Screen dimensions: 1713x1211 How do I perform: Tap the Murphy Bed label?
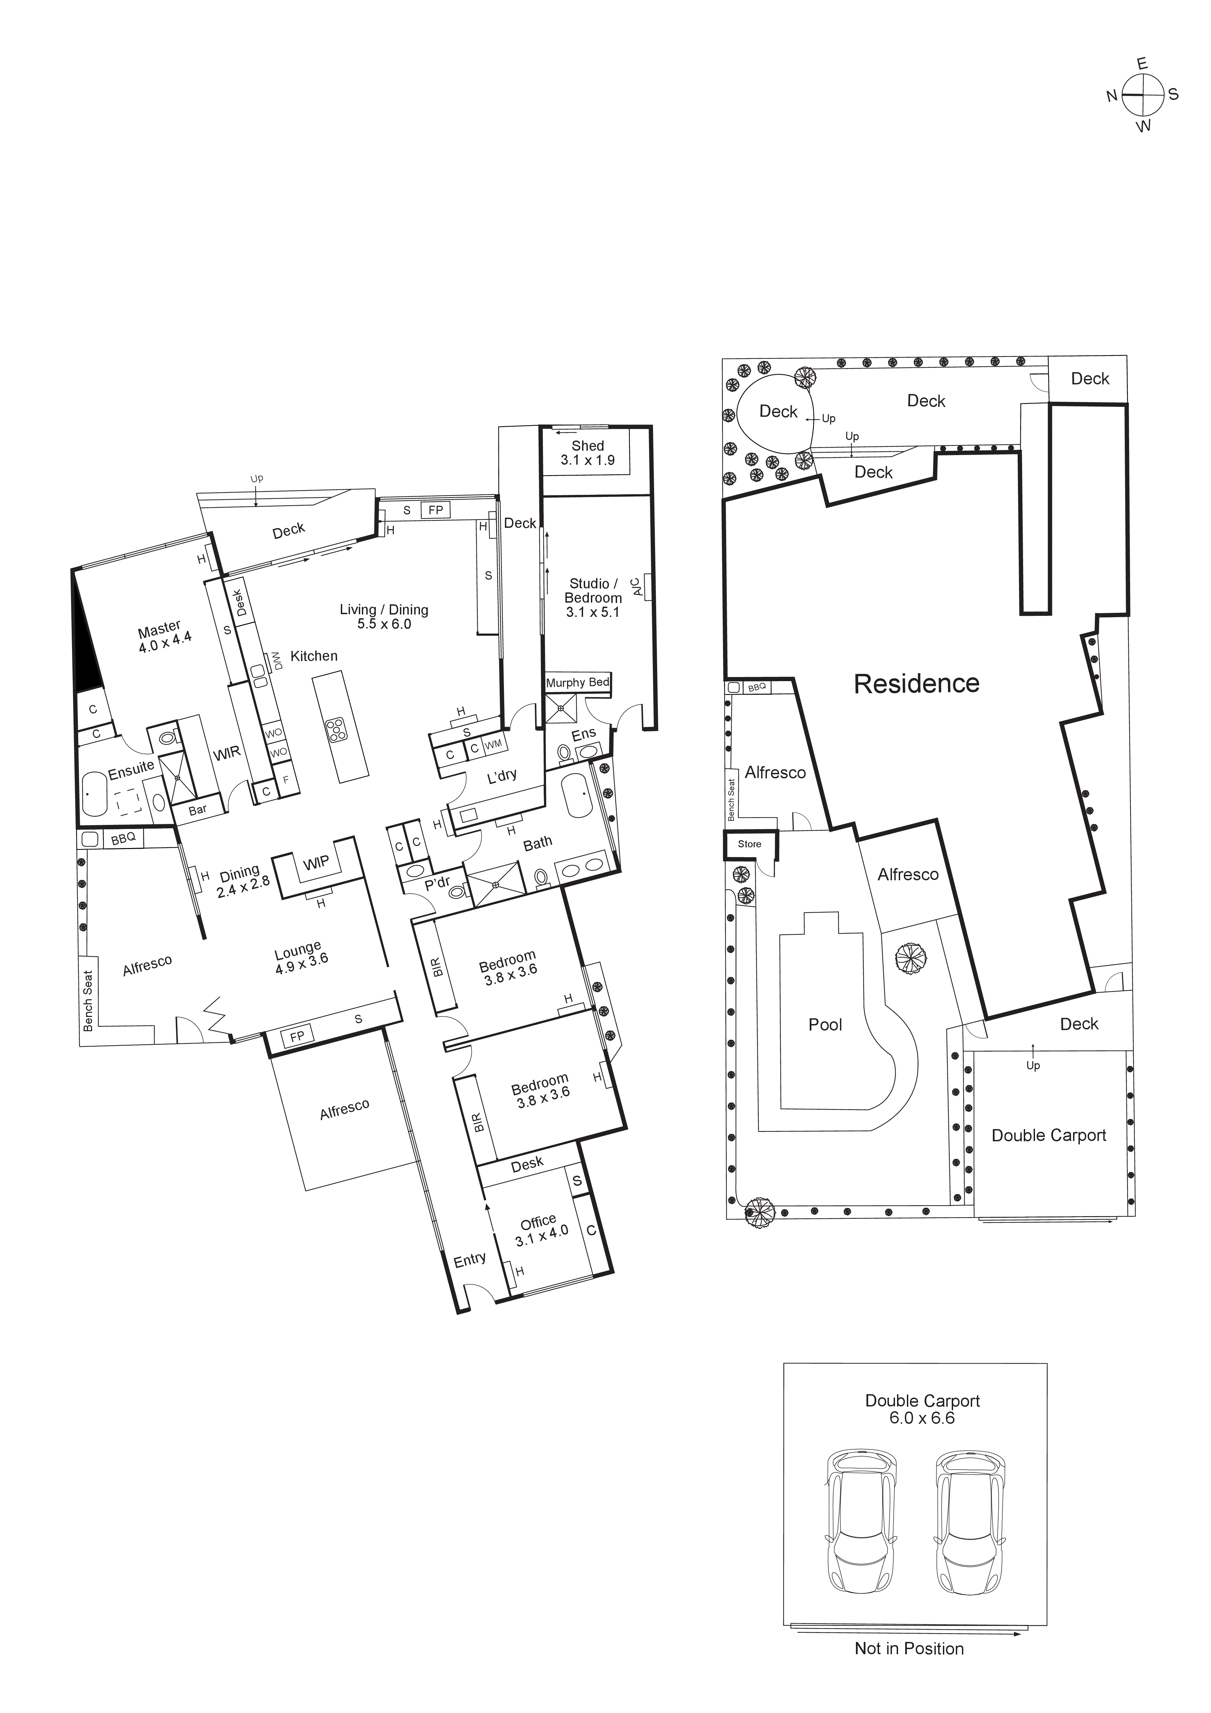click(x=577, y=683)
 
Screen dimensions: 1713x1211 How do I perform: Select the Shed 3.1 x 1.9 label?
click(x=587, y=453)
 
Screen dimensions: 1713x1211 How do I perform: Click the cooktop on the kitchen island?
click(x=336, y=729)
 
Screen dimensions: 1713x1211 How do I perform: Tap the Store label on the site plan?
click(x=750, y=844)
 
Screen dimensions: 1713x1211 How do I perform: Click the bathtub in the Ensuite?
click(x=95, y=794)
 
